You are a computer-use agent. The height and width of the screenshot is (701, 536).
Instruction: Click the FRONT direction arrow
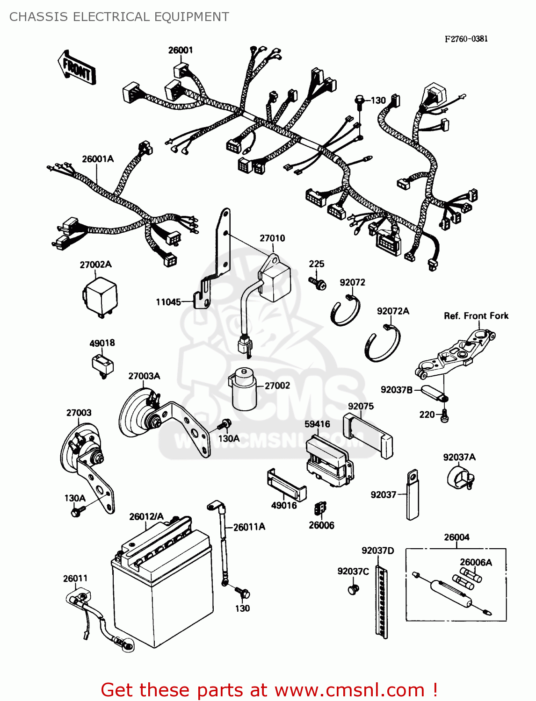point(77,68)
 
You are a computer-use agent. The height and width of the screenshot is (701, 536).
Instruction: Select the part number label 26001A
point(98,159)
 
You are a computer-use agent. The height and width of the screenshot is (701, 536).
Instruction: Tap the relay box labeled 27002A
point(100,296)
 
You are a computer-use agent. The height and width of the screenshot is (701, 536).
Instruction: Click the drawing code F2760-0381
point(466,39)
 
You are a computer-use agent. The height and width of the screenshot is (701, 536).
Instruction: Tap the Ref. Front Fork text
point(476,316)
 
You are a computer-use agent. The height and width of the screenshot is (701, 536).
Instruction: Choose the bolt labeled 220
point(444,415)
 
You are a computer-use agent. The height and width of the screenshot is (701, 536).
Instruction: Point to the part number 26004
point(456,537)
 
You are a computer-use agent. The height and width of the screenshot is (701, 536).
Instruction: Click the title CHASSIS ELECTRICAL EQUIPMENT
point(119,17)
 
